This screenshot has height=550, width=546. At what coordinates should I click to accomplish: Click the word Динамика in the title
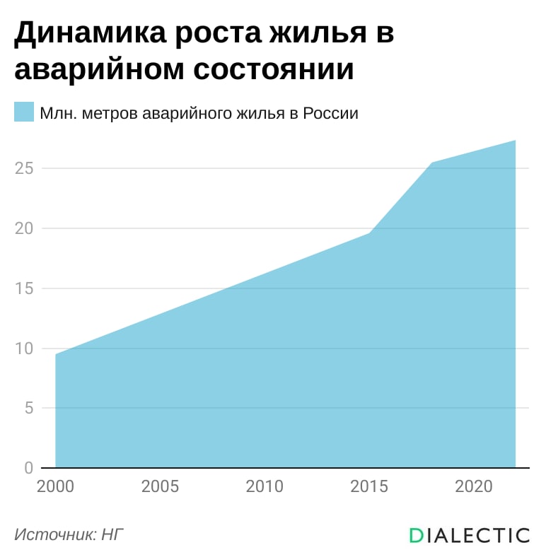tap(91, 33)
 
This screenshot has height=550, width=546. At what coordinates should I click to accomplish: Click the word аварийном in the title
tap(99, 69)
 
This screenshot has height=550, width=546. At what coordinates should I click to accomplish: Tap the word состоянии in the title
tap(273, 69)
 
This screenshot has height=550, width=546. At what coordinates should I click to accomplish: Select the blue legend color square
tap(24, 112)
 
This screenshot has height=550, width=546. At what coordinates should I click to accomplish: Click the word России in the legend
tap(330, 113)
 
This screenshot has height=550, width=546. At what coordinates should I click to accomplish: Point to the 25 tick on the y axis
tap(24, 168)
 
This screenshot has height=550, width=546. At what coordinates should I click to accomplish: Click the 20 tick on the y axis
tap(24, 228)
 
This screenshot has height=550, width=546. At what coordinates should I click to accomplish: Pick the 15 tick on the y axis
tap(24, 288)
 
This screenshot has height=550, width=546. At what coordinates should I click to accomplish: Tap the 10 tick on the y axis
tap(24, 349)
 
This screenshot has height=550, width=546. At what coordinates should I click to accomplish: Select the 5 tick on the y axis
tap(29, 408)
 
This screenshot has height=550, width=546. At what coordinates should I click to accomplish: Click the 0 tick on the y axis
tap(29, 468)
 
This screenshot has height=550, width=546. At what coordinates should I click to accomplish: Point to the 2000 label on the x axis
tap(55, 486)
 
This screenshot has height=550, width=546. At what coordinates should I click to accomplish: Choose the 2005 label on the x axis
tap(160, 486)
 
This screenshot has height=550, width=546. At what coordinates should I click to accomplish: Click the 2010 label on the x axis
tap(265, 486)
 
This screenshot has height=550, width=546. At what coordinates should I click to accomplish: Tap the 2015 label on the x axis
tap(369, 486)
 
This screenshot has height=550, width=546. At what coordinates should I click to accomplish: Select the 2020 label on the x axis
tap(474, 486)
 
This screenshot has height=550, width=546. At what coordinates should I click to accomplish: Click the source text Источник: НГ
tap(69, 535)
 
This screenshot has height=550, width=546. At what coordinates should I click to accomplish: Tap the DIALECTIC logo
tap(470, 536)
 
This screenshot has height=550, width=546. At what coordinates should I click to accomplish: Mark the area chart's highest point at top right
tap(515, 141)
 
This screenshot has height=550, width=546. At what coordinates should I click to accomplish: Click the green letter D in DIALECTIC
tap(417, 536)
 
